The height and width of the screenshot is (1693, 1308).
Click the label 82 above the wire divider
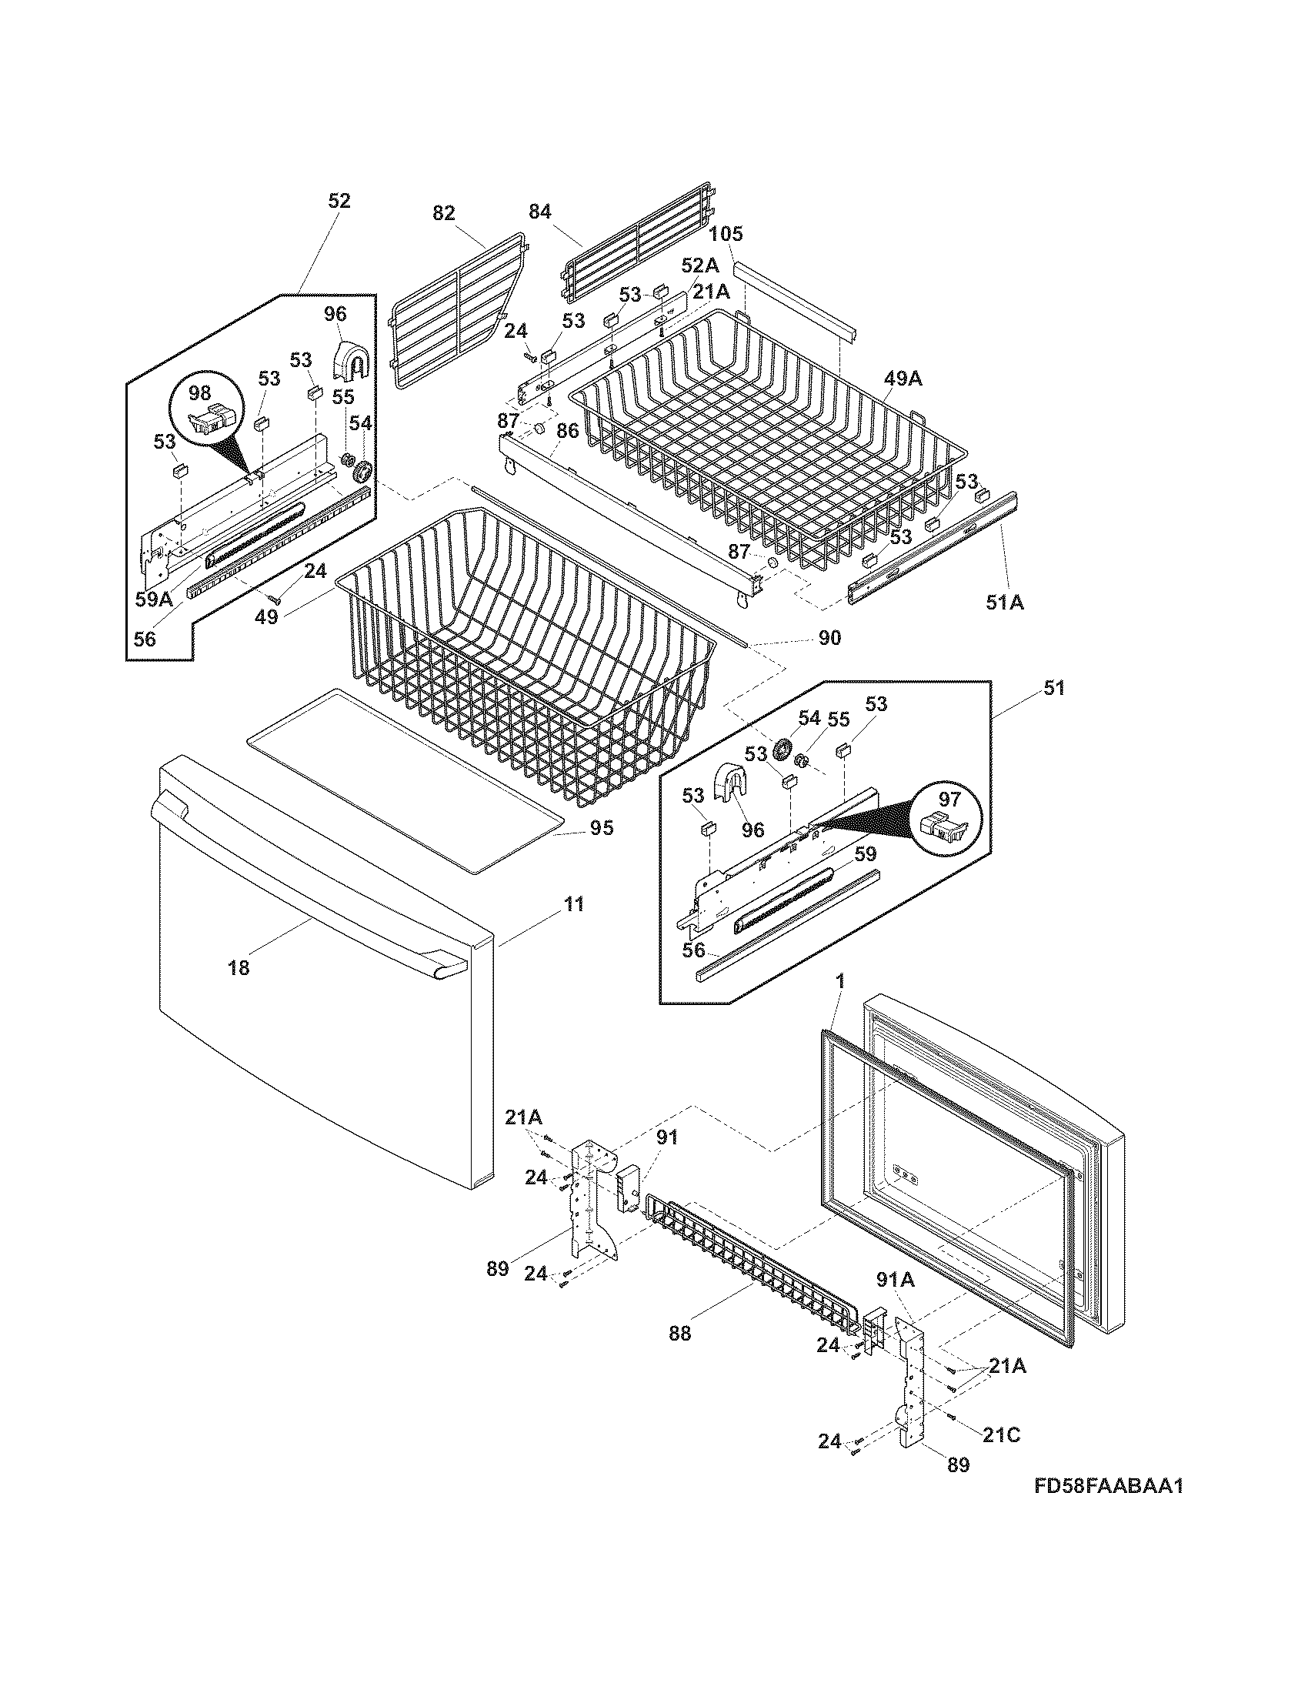pyautogui.click(x=443, y=213)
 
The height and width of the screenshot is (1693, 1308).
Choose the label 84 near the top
pyautogui.click(x=539, y=212)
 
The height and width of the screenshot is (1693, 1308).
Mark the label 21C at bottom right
pyautogui.click(x=1001, y=1435)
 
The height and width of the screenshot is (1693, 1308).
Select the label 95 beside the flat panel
pyautogui.click(x=602, y=828)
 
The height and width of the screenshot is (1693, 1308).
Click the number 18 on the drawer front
pyautogui.click(x=239, y=967)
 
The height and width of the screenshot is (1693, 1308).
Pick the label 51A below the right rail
pyautogui.click(x=1004, y=602)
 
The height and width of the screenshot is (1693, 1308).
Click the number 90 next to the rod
pyautogui.click(x=829, y=638)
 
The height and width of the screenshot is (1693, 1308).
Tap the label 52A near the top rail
pyautogui.click(x=699, y=266)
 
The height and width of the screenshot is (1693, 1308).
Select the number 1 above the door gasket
pyautogui.click(x=841, y=981)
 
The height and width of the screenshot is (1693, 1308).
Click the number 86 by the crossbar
pyautogui.click(x=567, y=432)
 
